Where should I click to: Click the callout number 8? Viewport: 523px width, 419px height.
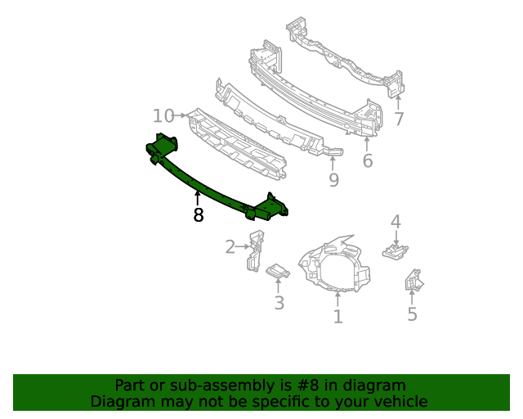point(198,215)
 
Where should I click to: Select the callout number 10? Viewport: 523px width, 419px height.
point(163,115)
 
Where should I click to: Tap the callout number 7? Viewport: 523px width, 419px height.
point(398,119)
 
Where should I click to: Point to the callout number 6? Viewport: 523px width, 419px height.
point(368,160)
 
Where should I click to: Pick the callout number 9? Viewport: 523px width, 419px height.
point(333,180)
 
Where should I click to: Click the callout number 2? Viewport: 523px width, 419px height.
point(230,246)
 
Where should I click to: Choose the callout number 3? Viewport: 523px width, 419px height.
point(279,304)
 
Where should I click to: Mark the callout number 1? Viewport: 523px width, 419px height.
point(337,316)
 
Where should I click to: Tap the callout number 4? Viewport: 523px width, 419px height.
point(396,221)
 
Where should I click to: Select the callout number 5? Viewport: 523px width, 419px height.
point(412,314)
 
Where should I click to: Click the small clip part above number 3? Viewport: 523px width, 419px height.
point(279,272)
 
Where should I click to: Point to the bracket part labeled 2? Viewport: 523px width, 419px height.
point(255,250)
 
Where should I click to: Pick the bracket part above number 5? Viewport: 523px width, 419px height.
point(413,281)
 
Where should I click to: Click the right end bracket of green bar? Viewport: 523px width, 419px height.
point(270,208)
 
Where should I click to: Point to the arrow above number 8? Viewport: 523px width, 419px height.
point(197,196)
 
